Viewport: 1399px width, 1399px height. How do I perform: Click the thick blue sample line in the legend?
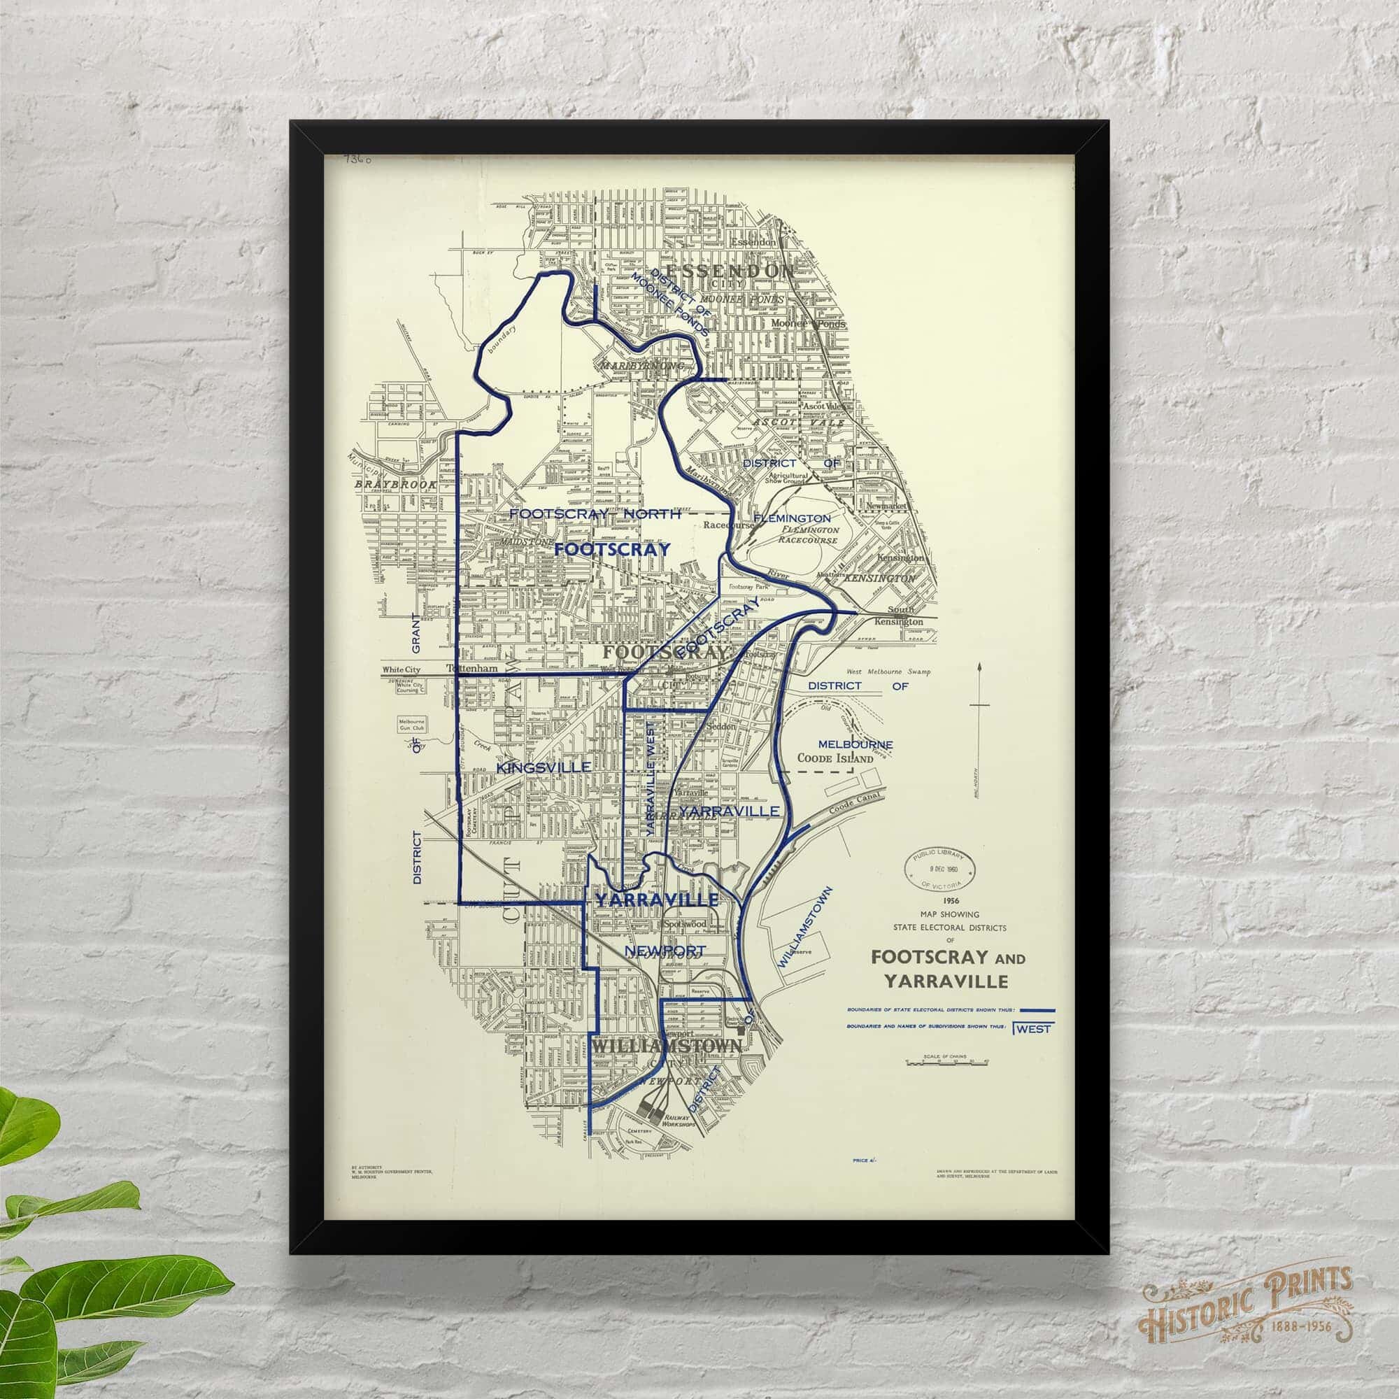tap(1037, 1009)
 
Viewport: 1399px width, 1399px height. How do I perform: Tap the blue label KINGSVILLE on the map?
tap(543, 766)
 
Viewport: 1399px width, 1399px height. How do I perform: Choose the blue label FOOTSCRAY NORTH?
tap(595, 513)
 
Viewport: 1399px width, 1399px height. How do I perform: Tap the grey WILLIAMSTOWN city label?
tap(666, 1046)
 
